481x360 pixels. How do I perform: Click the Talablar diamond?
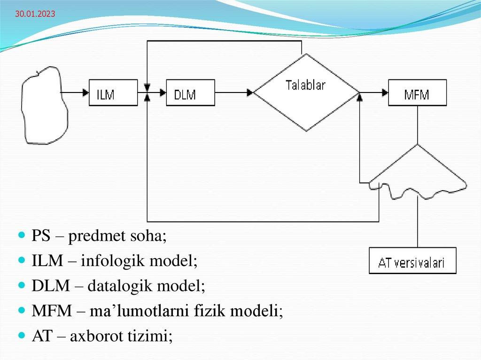click(306, 92)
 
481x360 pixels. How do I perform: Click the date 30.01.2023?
click(35, 15)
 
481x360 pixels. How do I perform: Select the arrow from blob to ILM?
click(75, 92)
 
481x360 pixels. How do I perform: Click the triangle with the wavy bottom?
click(417, 174)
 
